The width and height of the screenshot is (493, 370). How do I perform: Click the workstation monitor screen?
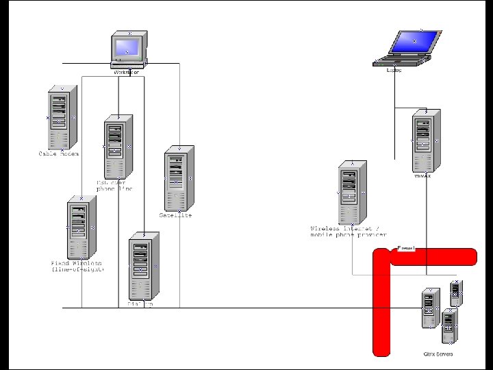point(127,47)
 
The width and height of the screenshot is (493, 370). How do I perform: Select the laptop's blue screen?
point(414,42)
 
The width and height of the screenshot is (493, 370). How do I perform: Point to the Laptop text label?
point(394,70)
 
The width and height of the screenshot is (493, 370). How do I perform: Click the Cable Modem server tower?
point(60,119)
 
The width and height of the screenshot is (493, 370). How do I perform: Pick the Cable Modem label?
point(59,154)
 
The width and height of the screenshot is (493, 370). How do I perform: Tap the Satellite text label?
point(176,215)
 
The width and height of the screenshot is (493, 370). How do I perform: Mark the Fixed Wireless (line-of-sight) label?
point(77,267)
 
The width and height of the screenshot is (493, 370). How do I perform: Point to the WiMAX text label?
point(422,176)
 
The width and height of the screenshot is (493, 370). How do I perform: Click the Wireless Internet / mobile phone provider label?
point(349,232)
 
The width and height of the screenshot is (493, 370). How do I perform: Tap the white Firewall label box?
point(406,248)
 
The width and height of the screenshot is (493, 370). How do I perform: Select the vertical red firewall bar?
point(381,308)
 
